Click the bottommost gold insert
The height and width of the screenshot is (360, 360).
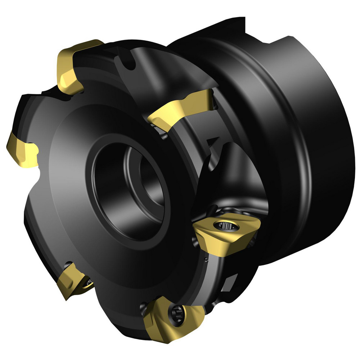[169, 317]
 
